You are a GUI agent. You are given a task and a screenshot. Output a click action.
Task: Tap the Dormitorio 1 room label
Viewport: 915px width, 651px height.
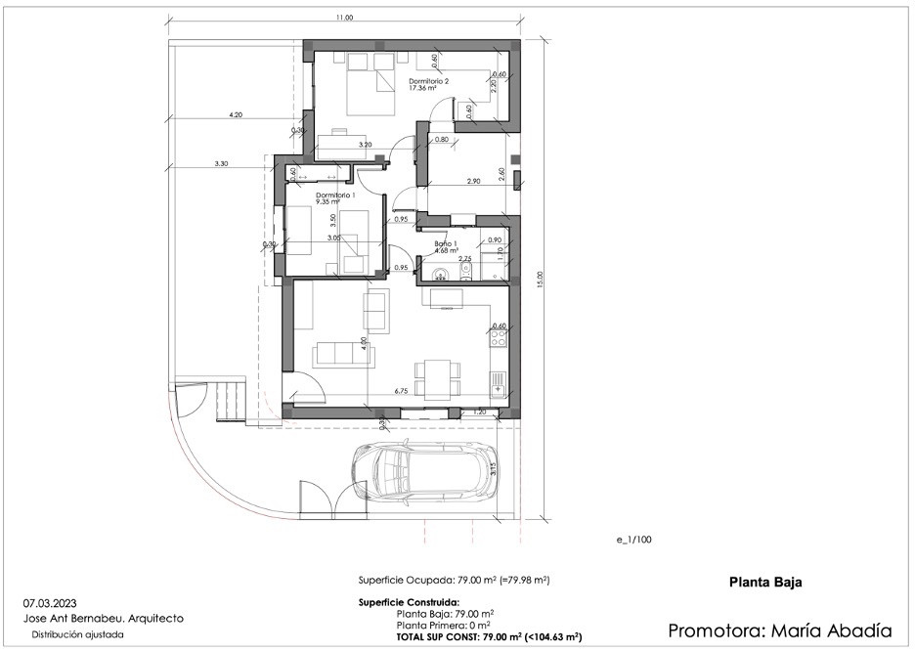click(334, 195)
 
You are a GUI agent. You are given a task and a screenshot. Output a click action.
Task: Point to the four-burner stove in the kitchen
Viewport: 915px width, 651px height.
click(500, 338)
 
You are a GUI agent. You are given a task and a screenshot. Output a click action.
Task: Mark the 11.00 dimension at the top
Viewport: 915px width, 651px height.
click(344, 18)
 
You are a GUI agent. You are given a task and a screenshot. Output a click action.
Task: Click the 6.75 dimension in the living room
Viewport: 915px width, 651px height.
click(400, 390)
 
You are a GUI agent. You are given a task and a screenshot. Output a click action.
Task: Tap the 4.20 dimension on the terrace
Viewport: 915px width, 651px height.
click(235, 114)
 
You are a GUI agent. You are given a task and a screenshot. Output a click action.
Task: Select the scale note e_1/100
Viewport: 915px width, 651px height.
click(632, 540)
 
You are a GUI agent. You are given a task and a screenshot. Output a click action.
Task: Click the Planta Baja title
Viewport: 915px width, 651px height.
click(765, 583)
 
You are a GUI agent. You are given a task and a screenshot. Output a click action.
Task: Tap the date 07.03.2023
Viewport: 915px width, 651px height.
click(51, 603)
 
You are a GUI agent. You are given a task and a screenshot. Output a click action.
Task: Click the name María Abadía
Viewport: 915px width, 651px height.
click(835, 629)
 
